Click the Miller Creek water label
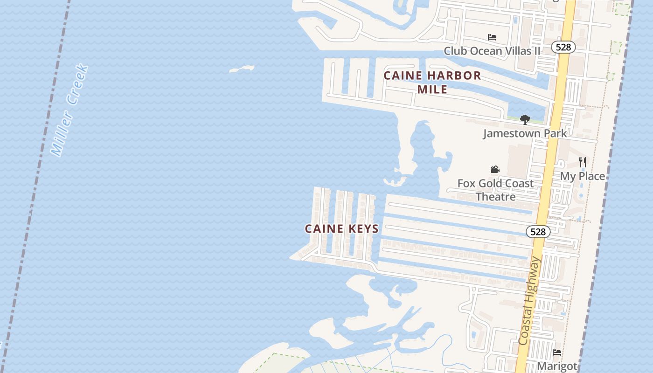pos(69,111)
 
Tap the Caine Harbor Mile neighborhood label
pos(432,82)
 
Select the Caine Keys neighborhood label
pos(342,229)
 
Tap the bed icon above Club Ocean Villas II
pos(492,37)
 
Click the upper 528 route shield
pos(563,47)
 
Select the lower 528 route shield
pos(538,232)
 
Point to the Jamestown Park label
pos(525,133)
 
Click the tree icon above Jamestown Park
pos(525,120)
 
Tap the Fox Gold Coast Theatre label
pos(495,190)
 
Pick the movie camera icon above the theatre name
pos(495,169)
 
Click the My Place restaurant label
pos(583,176)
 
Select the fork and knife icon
pos(583,162)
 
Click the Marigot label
pos(557,366)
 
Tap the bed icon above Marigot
pos(557,352)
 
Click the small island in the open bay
pos(242,69)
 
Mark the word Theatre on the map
pos(495,197)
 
